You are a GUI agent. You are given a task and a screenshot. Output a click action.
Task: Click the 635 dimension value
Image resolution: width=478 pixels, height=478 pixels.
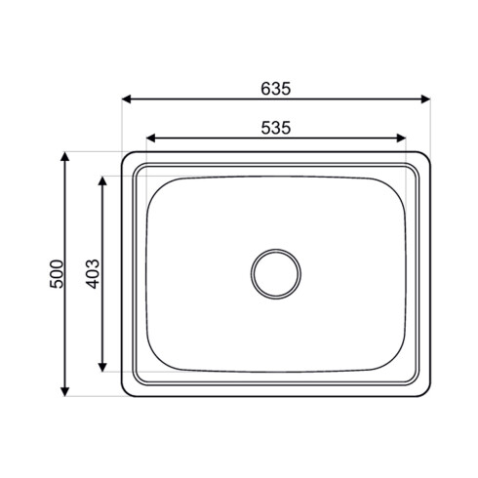276,88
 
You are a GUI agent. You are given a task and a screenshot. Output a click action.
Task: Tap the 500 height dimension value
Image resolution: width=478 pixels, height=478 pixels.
56,274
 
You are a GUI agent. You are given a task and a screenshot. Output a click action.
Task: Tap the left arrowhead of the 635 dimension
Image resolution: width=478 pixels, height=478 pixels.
127,99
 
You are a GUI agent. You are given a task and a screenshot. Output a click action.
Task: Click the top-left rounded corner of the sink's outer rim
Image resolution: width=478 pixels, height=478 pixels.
127,158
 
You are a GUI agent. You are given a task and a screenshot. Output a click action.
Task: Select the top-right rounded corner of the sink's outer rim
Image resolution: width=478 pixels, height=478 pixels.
425,158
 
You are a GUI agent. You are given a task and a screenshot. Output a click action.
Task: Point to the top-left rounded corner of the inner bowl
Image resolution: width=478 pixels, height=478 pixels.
158,186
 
